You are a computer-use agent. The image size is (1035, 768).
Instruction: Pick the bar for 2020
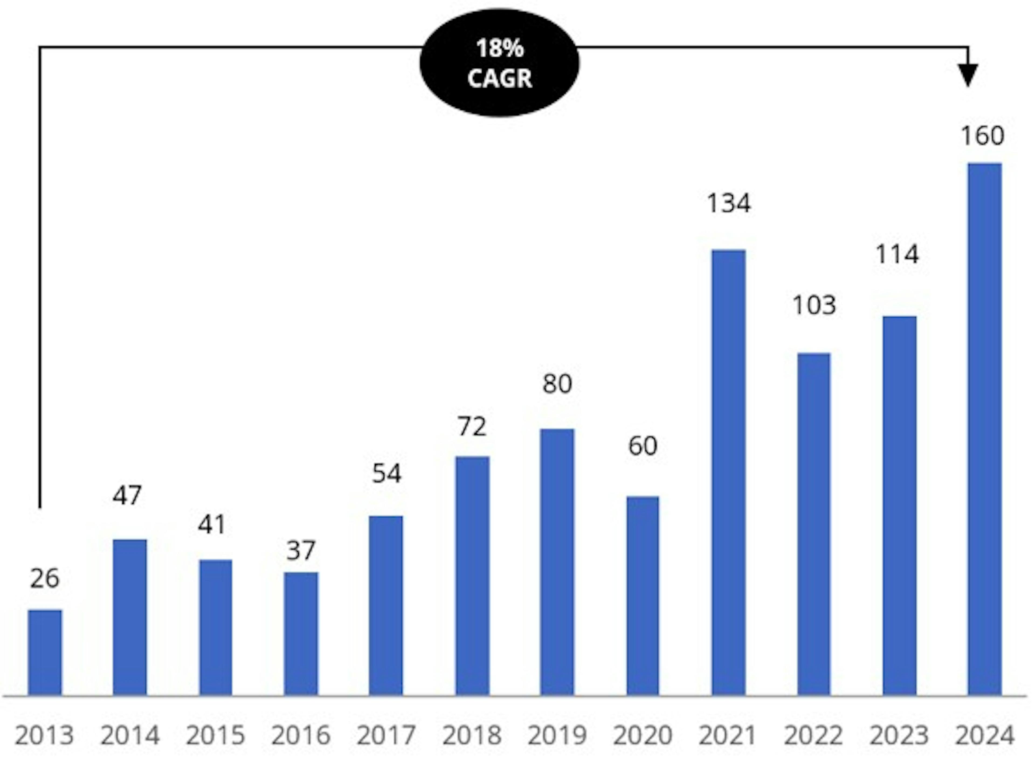[643, 596]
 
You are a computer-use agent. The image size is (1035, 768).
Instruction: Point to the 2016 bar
[301, 634]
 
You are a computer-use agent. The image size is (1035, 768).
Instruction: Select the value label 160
[982, 136]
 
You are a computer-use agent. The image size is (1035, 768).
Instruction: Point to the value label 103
[814, 305]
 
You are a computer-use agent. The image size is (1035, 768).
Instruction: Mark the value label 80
[557, 384]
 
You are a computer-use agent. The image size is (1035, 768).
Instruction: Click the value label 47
[127, 496]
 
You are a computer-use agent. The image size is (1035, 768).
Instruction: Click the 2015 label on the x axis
[215, 735]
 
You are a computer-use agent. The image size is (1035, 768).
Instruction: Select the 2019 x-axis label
[557, 735]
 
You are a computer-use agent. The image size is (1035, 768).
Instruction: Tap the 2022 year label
[813, 735]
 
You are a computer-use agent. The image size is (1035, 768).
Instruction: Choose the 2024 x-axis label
[984, 735]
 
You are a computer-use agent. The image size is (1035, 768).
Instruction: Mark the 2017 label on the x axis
[386, 735]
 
